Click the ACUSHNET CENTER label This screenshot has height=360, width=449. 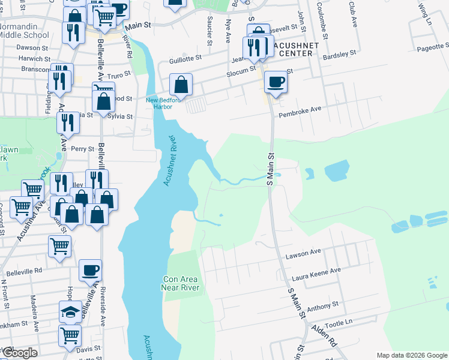point(292,49)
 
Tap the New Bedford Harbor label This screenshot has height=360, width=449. point(159,103)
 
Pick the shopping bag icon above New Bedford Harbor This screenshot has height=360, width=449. point(181,85)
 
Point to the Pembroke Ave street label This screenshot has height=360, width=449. point(301,110)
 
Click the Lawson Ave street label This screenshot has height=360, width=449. point(304,253)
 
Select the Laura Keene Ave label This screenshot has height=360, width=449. point(316,274)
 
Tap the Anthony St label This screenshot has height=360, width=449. point(322,307)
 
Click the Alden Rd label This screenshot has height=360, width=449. point(325,336)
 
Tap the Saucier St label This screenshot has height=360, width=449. point(209,34)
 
